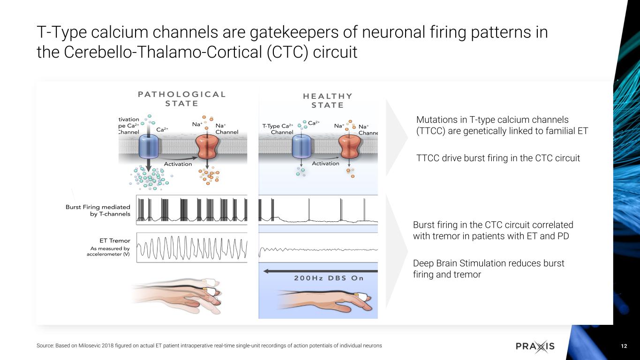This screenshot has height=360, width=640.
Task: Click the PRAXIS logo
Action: point(535,346)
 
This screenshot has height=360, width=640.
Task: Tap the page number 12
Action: point(624,346)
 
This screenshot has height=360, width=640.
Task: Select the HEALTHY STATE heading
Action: point(327,100)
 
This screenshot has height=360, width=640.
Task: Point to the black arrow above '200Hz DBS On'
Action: point(319,270)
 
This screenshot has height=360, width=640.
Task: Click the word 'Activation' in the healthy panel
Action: point(325,163)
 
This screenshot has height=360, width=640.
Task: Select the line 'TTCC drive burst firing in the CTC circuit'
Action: point(498,158)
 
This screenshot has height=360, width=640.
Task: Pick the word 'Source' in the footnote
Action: point(45,345)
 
